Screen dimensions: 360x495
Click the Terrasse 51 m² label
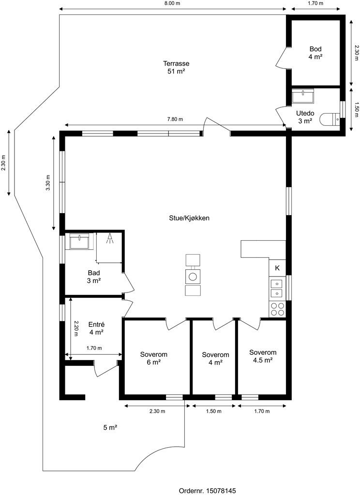tap(176, 67)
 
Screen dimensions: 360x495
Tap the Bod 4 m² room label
tap(315, 53)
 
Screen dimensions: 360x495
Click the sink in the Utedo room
tap(303, 96)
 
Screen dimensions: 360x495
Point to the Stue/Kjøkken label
tap(189, 218)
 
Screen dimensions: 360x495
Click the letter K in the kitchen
tap(277, 268)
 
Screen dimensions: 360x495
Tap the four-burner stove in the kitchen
tap(277, 309)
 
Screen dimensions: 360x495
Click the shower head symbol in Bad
tap(110, 238)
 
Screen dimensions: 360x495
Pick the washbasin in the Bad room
tap(80, 241)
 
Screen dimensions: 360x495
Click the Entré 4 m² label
tap(96, 328)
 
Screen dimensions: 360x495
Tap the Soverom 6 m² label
tap(153, 358)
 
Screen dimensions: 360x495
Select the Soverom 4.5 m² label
tap(263, 356)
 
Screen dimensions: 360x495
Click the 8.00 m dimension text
tap(173, 3)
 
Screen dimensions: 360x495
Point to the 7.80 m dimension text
tap(175, 119)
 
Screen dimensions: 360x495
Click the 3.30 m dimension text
tap(48, 183)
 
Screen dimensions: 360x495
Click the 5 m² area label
tap(110, 427)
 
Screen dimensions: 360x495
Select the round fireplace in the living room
tap(193, 277)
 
